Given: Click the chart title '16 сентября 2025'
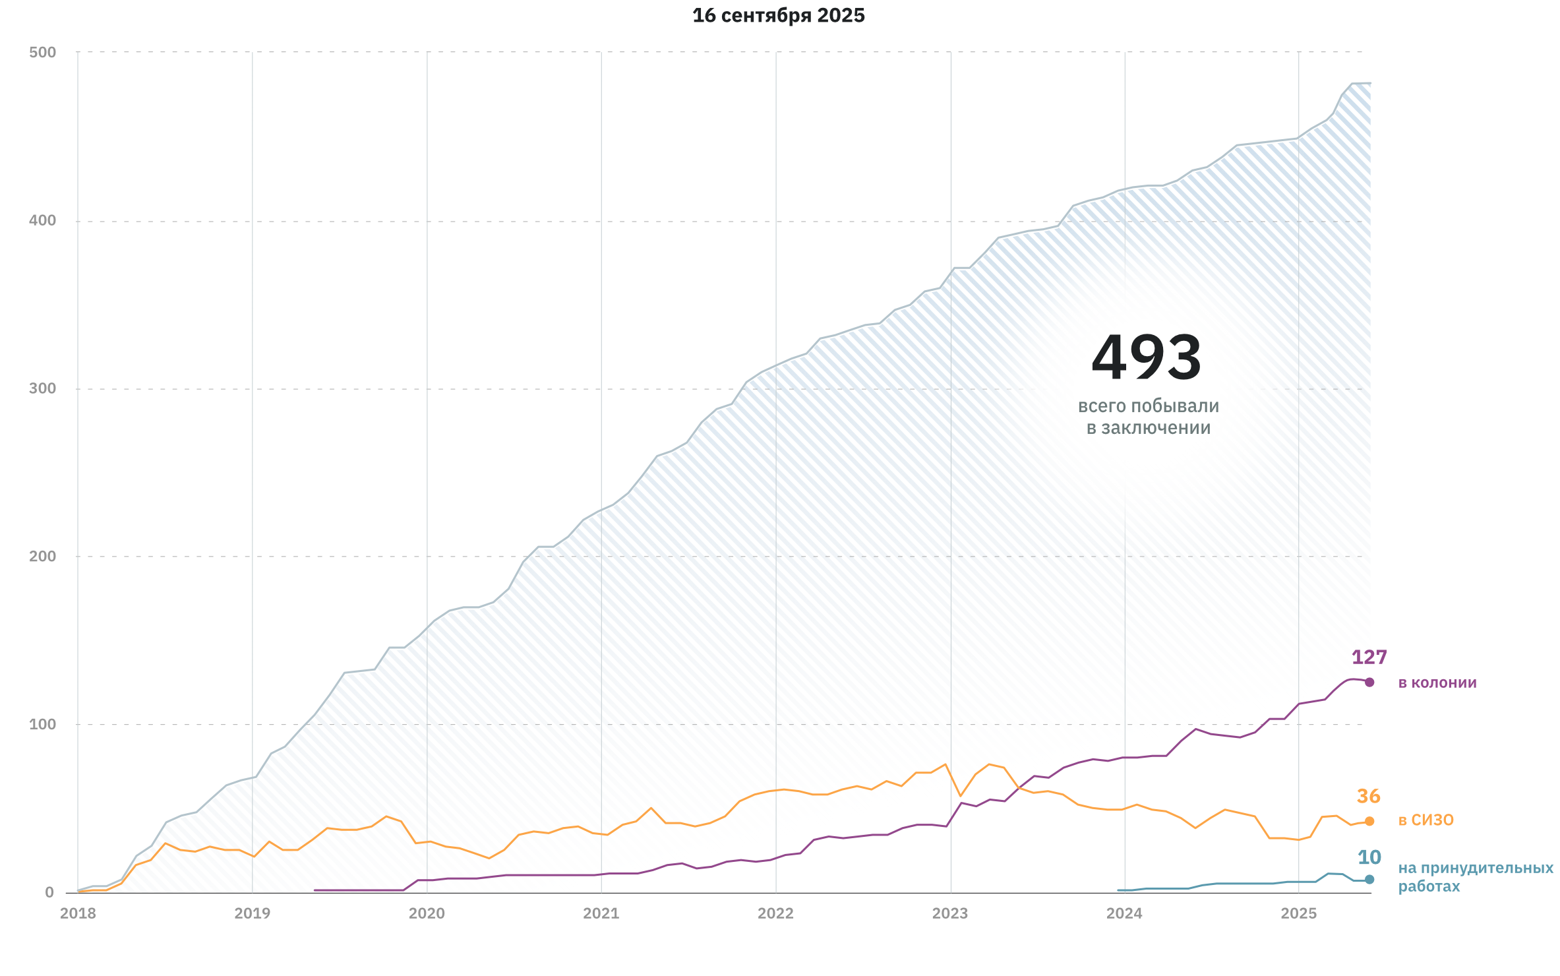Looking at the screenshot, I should (x=779, y=15).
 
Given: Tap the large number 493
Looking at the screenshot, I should (x=1147, y=358).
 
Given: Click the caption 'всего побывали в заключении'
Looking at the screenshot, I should (x=1149, y=417).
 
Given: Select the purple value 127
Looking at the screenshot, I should (x=1369, y=657).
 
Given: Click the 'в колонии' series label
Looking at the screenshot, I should (x=1437, y=683).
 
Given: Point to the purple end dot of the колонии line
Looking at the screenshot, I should (x=1369, y=683).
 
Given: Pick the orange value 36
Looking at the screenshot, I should (x=1368, y=797).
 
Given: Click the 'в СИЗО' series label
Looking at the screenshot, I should (x=1426, y=820).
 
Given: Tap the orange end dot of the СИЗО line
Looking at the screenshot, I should (x=1369, y=821).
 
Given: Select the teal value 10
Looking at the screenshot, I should (x=1369, y=857).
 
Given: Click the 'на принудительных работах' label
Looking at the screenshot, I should (x=1476, y=877).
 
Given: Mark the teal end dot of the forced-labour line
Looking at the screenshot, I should (x=1369, y=879).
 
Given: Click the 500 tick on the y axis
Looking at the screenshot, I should (x=43, y=52).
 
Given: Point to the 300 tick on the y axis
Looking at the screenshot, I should (x=43, y=388).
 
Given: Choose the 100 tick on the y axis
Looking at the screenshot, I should (x=43, y=724).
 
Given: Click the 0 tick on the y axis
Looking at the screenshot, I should (x=49, y=892).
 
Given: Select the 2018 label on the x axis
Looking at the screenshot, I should (x=78, y=913).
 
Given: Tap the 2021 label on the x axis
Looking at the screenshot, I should (x=601, y=913).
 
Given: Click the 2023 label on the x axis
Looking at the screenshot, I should (x=950, y=913).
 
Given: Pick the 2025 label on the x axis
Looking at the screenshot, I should (x=1299, y=913).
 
